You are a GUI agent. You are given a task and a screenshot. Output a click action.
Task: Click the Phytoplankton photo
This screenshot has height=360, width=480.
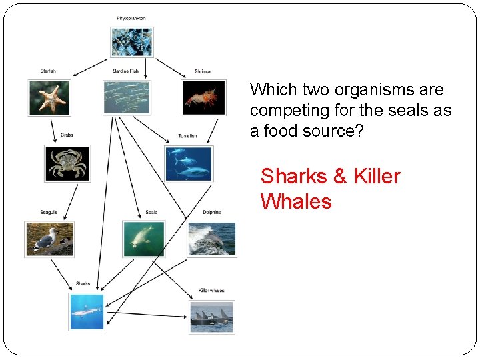pyautogui.click(x=131, y=41)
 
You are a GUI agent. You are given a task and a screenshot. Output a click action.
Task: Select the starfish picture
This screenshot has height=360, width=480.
pyautogui.click(x=49, y=97)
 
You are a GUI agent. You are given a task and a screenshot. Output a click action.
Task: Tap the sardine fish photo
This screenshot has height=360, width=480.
pyautogui.click(x=127, y=97)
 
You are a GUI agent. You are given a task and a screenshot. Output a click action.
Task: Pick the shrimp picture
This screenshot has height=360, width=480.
pyautogui.click(x=203, y=97)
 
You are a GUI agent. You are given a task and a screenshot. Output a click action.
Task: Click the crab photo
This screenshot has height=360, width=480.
pyautogui.click(x=67, y=164)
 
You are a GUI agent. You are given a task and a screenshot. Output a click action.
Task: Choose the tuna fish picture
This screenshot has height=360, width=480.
pyautogui.click(x=189, y=164)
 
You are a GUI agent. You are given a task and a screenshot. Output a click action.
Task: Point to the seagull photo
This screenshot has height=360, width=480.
pyautogui.click(x=49, y=239)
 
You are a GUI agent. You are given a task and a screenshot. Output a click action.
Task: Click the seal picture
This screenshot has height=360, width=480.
pyautogui.click(x=143, y=239)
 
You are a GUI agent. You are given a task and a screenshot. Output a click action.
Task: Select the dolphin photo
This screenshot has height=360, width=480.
pyautogui.click(x=212, y=239)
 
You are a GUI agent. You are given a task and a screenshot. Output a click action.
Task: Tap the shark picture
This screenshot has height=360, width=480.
pyautogui.click(x=87, y=311)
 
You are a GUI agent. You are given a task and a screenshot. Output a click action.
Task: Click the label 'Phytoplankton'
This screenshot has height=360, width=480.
pyautogui.click(x=131, y=18)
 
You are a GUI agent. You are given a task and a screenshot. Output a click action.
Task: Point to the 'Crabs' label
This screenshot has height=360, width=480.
pyautogui.click(x=67, y=135)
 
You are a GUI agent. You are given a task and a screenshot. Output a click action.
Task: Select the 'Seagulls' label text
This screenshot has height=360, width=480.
pyautogui.click(x=49, y=213)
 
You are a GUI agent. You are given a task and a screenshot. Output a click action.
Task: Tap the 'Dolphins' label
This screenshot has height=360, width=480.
pyautogui.click(x=212, y=213)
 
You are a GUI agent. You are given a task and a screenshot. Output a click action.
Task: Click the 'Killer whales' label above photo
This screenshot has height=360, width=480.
pyautogui.click(x=212, y=291)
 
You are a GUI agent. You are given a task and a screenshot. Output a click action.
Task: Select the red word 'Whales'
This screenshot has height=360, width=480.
pyautogui.click(x=296, y=201)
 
